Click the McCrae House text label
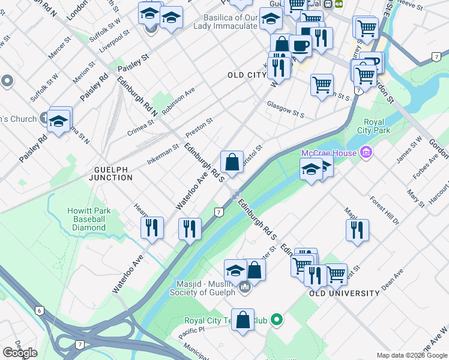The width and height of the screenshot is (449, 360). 328,153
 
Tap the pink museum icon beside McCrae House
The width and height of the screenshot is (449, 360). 366,153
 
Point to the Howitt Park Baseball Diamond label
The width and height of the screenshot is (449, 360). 86,220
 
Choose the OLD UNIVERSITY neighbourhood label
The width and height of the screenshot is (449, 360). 345,293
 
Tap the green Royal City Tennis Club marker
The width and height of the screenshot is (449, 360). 277,320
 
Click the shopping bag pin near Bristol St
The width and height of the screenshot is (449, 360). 232,162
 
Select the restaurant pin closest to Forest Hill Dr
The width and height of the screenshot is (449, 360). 357,230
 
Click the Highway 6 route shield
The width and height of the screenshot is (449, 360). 40,310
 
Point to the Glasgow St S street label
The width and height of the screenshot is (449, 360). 286,111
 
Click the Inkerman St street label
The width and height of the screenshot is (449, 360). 163,154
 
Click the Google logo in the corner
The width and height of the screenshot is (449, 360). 20,353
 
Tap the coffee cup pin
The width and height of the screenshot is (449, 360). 300,46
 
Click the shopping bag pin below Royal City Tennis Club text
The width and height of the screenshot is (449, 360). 243,320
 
